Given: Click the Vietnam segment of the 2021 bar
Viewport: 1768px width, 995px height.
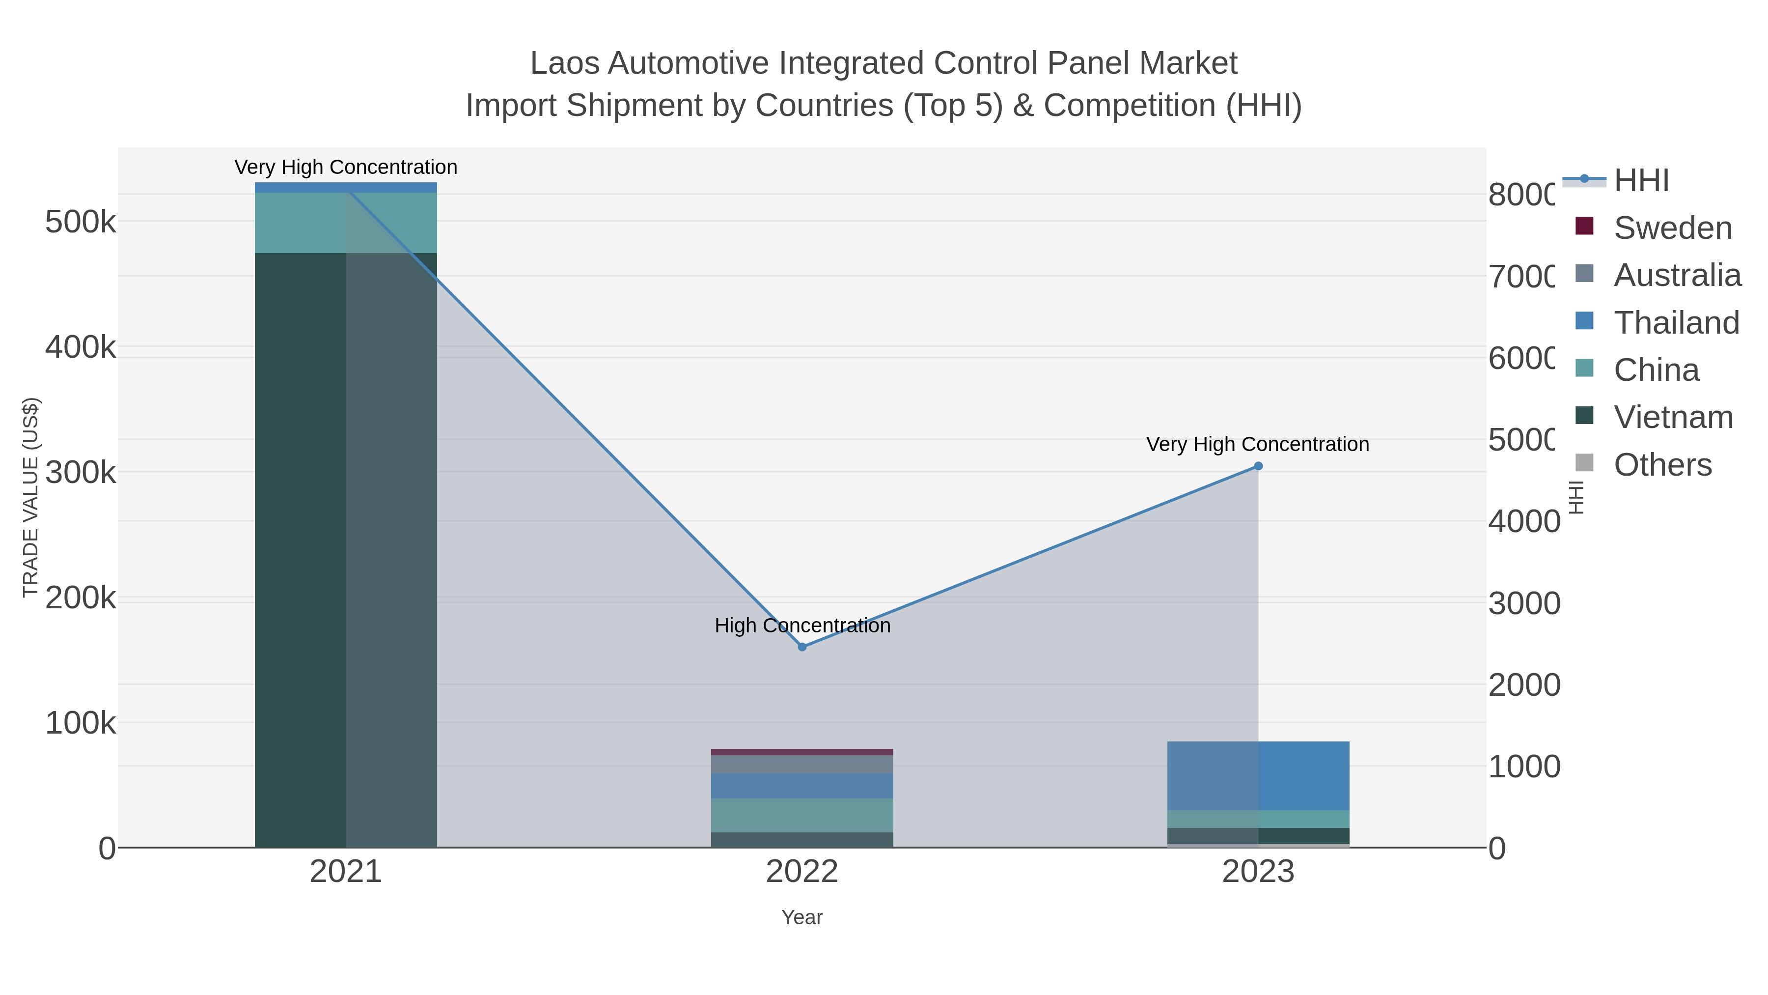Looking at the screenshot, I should point(345,549).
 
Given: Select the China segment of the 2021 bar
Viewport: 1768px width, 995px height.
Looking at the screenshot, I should point(345,223).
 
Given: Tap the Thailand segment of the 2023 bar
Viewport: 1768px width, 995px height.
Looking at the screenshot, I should point(1258,775).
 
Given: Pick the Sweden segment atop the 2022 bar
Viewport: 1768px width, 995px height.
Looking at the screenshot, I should point(801,752).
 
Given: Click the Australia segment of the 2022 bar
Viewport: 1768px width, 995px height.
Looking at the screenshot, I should point(801,764).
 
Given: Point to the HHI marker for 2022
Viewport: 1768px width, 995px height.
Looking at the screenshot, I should point(801,647).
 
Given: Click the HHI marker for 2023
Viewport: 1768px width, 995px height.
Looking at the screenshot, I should point(1258,466).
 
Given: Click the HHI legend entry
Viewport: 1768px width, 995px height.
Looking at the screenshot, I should point(1640,181).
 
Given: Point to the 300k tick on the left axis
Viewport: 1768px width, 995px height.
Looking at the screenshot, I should point(81,472).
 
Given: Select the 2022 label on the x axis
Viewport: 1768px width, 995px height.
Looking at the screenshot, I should point(801,872).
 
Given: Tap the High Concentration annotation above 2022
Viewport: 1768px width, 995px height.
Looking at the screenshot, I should point(801,625).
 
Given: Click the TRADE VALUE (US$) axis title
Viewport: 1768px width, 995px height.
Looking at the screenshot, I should point(31,497).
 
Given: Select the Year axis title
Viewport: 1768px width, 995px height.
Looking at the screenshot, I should point(801,917).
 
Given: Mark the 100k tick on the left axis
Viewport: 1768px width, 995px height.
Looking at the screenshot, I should point(81,723).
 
